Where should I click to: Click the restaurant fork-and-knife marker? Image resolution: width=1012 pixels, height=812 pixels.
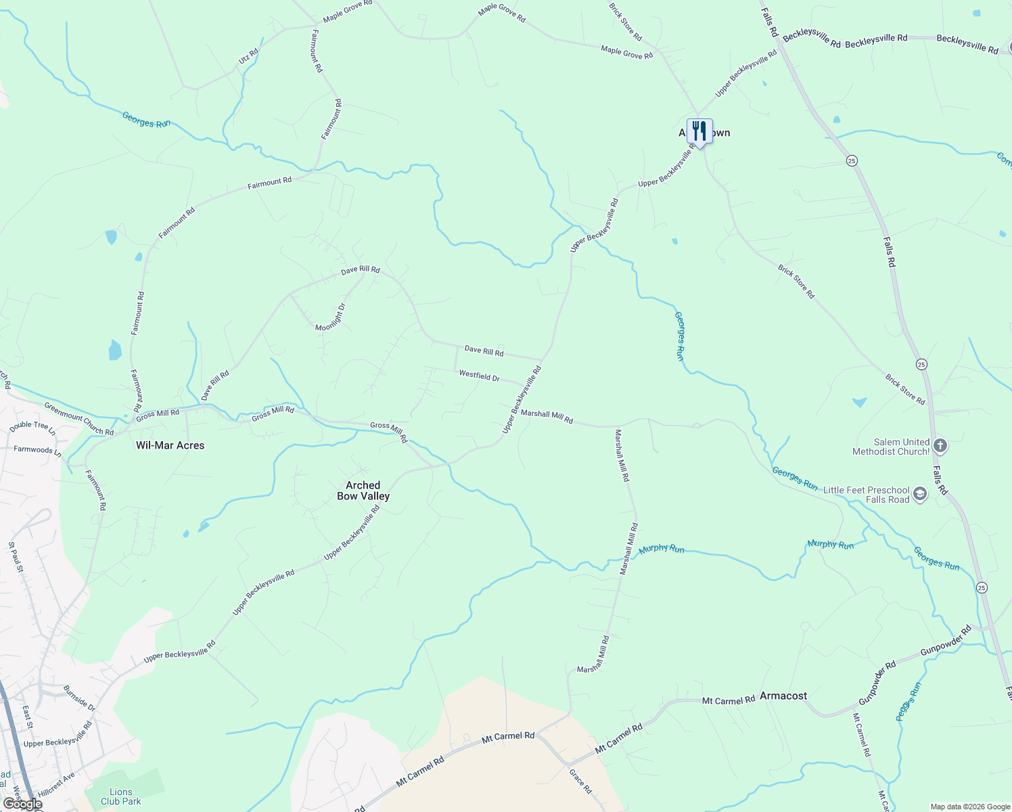click(x=699, y=131)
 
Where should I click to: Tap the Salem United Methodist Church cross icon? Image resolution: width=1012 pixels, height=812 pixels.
click(x=940, y=446)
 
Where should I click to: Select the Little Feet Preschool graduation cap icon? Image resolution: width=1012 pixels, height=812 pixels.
click(x=919, y=494)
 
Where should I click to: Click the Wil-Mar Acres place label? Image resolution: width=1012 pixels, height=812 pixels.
click(x=170, y=445)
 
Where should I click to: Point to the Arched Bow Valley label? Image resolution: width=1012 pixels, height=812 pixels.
click(x=363, y=491)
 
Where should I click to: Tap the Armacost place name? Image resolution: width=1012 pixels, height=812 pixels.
click(x=783, y=696)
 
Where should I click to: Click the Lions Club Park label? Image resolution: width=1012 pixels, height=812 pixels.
click(x=121, y=796)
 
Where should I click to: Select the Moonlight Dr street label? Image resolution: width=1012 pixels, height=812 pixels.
click(x=331, y=317)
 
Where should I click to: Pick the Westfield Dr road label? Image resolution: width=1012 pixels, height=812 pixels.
click(x=479, y=376)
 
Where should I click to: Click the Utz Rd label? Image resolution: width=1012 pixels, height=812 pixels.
click(x=248, y=56)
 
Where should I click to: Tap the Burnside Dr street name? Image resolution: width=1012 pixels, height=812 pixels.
click(x=79, y=698)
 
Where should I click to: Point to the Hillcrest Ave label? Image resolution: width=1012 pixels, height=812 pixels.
click(x=56, y=784)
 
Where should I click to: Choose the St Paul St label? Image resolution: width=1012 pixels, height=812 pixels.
click(x=16, y=557)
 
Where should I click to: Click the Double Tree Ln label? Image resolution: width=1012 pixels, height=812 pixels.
click(x=32, y=426)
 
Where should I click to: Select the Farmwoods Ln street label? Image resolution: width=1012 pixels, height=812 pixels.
click(x=37, y=450)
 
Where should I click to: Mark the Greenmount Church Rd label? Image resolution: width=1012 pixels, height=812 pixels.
click(x=78, y=418)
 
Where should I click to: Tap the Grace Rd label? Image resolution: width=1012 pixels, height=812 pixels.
click(x=580, y=781)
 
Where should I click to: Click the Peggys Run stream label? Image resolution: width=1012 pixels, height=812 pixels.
click(x=908, y=702)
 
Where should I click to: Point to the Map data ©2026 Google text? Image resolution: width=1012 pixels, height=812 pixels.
click(x=969, y=807)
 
